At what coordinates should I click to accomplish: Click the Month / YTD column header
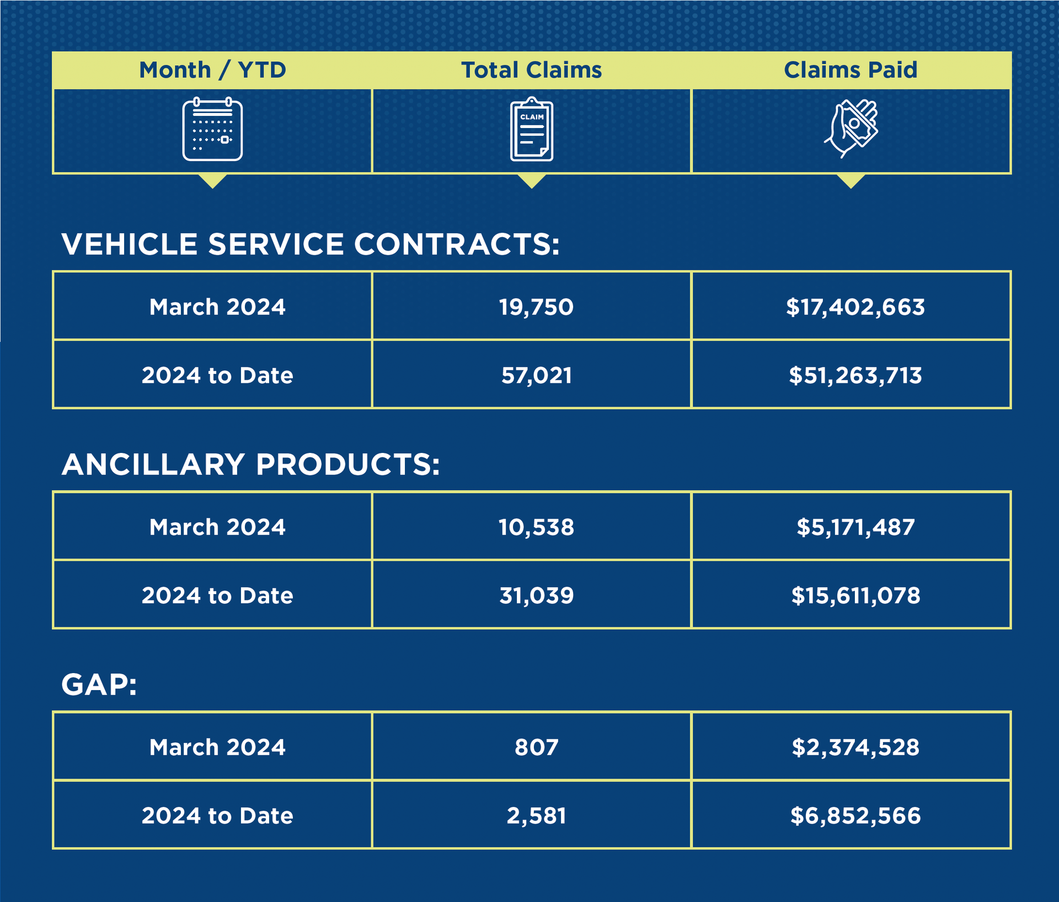click(212, 70)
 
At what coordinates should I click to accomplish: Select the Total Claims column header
click(531, 70)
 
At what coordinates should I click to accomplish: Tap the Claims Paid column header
click(851, 70)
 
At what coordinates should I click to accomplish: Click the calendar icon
click(212, 130)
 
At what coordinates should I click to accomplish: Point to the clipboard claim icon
click(531, 130)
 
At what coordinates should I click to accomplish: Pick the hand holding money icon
click(851, 129)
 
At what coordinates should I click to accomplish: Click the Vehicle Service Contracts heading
click(311, 244)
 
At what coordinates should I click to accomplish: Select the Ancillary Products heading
click(251, 464)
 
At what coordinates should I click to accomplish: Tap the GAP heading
click(99, 685)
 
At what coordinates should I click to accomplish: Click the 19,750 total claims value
click(536, 307)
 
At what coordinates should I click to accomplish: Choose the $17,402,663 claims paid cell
click(855, 307)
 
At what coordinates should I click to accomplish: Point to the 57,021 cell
click(536, 375)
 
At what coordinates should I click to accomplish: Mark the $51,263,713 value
click(855, 375)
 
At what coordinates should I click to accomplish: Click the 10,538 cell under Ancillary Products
click(536, 527)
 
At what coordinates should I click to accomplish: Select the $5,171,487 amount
click(855, 527)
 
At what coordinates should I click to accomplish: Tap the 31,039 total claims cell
click(536, 595)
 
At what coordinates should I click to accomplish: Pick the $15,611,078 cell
click(855, 595)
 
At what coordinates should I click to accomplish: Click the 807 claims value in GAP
click(536, 747)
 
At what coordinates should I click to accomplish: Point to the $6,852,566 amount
click(855, 815)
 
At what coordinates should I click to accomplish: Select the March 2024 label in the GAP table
click(217, 747)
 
